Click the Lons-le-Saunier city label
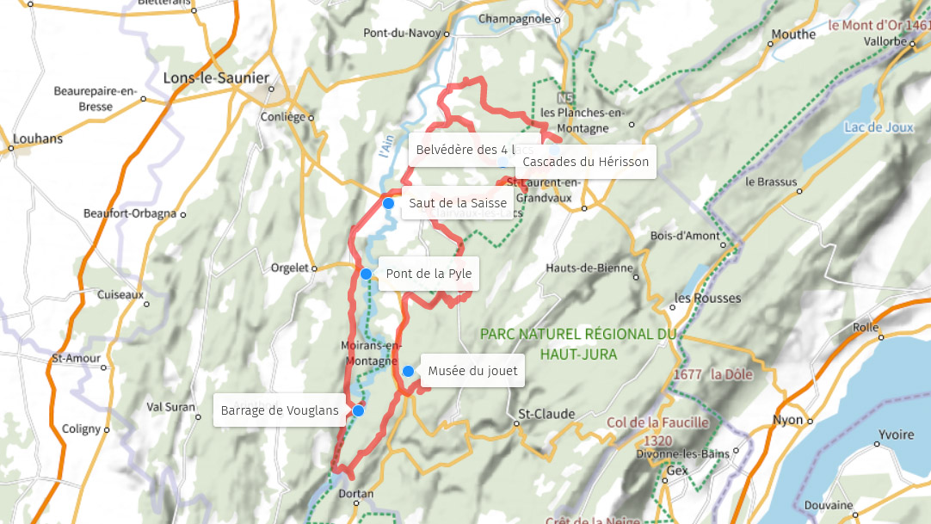[216, 78]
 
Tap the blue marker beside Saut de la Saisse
[388, 203]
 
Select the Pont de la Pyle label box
[429, 274]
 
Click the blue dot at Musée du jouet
[408, 372]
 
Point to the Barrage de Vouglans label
[280, 410]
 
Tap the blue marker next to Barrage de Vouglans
[358, 411]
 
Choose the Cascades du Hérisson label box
[585, 162]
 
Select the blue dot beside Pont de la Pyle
[366, 274]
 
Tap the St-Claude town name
[546, 414]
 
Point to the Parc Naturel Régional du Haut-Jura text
[578, 343]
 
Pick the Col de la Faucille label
[657, 422]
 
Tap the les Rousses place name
[707, 299]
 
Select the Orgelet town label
[289, 268]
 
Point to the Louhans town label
[39, 139]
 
